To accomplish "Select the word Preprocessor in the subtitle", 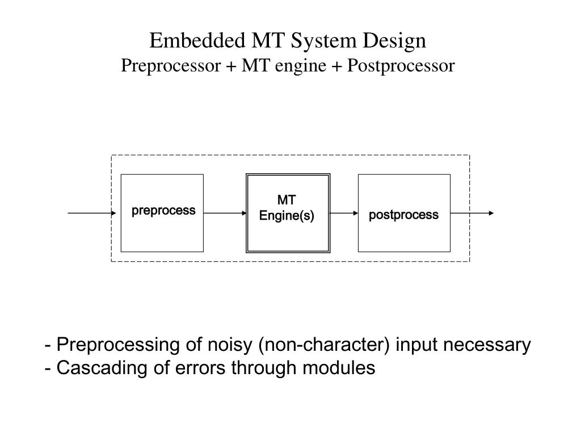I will [x=170, y=66].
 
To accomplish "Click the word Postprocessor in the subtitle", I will [x=401, y=66].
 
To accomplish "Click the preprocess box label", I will [x=163, y=211].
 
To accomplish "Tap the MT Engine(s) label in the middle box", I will [x=287, y=208].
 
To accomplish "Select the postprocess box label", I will [x=403, y=215].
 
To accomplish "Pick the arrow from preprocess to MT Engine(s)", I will [x=225, y=213].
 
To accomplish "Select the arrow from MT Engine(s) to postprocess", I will [x=344, y=213].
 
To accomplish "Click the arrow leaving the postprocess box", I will [x=473, y=213].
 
